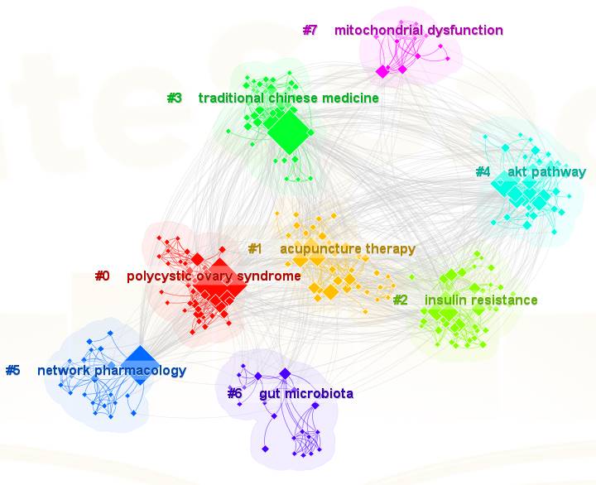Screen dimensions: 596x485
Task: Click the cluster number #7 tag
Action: [310, 31]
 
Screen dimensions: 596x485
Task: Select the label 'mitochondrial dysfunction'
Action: [418, 31]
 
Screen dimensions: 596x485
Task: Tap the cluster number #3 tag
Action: [174, 98]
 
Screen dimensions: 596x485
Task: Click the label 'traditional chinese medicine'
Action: [288, 98]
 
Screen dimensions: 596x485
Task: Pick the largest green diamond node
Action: [287, 131]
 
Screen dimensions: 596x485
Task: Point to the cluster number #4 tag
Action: [483, 172]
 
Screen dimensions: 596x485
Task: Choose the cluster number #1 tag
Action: [255, 249]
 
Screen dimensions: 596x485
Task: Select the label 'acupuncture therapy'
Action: [347, 249]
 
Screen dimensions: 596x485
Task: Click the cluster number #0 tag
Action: [102, 276]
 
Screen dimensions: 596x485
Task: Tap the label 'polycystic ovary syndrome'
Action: [214, 276]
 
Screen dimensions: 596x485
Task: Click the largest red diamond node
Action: [224, 286]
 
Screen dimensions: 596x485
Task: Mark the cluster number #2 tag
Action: [400, 300]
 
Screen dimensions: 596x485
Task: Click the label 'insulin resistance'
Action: [481, 300]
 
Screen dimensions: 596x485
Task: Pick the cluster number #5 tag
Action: [12, 371]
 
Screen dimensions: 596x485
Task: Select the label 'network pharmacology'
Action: [112, 371]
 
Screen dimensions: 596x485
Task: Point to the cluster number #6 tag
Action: [234, 394]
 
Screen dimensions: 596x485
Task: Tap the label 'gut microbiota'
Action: [306, 394]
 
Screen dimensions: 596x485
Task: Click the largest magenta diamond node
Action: [382, 72]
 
